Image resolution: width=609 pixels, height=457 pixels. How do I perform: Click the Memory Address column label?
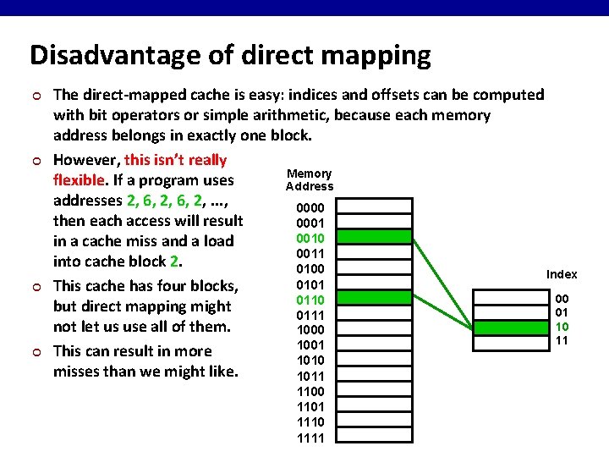click(x=310, y=180)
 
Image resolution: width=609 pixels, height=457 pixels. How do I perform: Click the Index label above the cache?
click(x=562, y=274)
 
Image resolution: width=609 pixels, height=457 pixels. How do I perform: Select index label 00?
click(x=562, y=298)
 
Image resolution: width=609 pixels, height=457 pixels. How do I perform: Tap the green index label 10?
click(x=562, y=327)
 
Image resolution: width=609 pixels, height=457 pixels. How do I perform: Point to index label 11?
click(x=562, y=341)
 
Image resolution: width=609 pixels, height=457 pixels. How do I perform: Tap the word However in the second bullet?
click(x=86, y=160)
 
